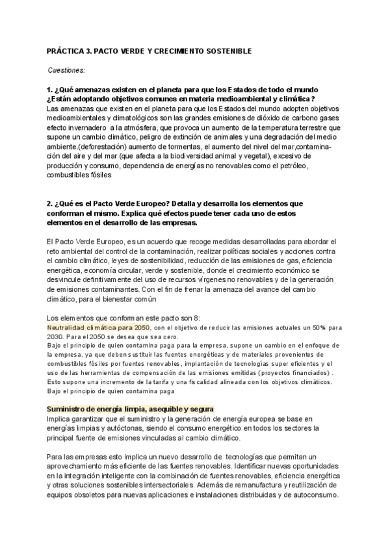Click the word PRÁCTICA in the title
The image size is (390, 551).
[66, 50]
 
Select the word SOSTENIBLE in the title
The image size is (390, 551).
[218, 50]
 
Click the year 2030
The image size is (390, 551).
[57, 337]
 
